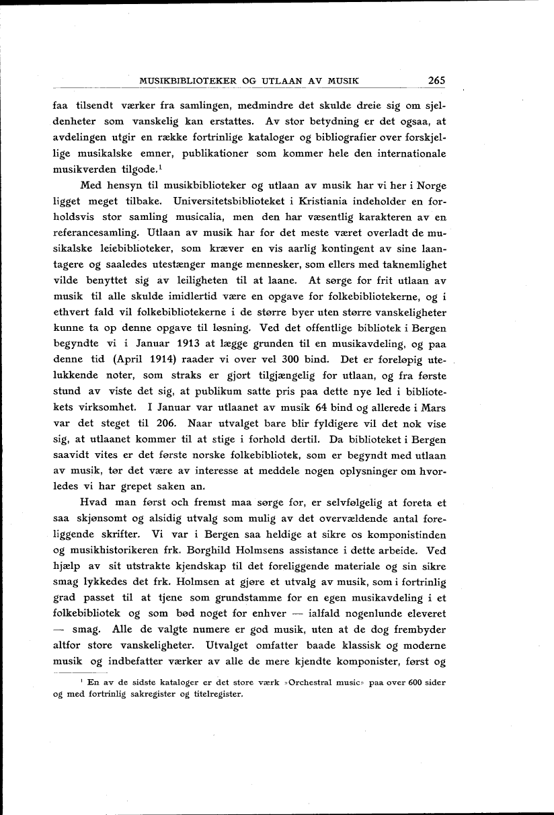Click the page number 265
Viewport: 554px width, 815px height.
tap(436, 81)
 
